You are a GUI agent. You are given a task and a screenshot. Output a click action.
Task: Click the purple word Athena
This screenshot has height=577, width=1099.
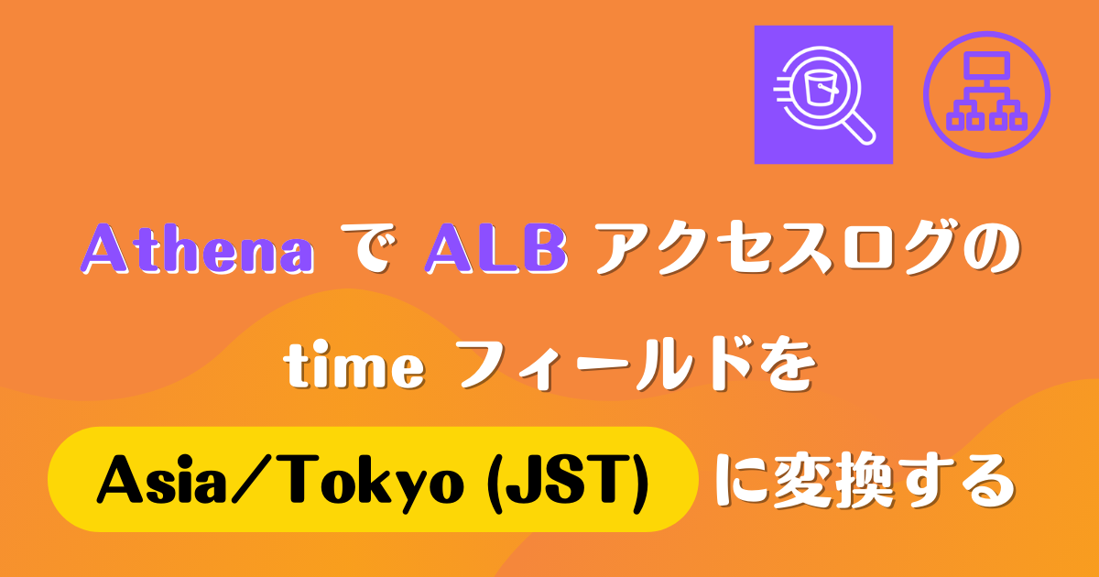[x=198, y=248]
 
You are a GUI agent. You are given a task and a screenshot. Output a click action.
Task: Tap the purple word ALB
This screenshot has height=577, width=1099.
[x=496, y=248]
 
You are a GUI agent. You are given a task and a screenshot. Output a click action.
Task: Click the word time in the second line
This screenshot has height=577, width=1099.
[x=354, y=365]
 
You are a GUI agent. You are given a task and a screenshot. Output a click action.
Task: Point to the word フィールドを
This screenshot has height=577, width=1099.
[x=637, y=365]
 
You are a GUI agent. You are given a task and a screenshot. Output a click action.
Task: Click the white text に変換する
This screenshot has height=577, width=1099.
[x=864, y=482]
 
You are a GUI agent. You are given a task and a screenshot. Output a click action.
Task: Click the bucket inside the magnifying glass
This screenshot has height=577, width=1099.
[x=820, y=88]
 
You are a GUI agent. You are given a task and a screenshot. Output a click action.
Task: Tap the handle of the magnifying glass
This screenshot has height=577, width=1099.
[x=859, y=128]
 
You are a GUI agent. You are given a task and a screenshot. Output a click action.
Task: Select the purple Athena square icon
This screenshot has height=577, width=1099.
[x=823, y=94]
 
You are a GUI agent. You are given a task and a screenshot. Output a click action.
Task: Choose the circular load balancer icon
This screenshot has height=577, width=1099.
[x=986, y=94]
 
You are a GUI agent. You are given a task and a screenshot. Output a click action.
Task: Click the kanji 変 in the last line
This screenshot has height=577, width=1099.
[x=803, y=482]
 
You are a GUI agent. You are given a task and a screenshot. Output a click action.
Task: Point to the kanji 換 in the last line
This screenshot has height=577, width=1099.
[x=865, y=482]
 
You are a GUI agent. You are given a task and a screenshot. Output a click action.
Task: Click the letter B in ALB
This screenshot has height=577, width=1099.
[x=544, y=248]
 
